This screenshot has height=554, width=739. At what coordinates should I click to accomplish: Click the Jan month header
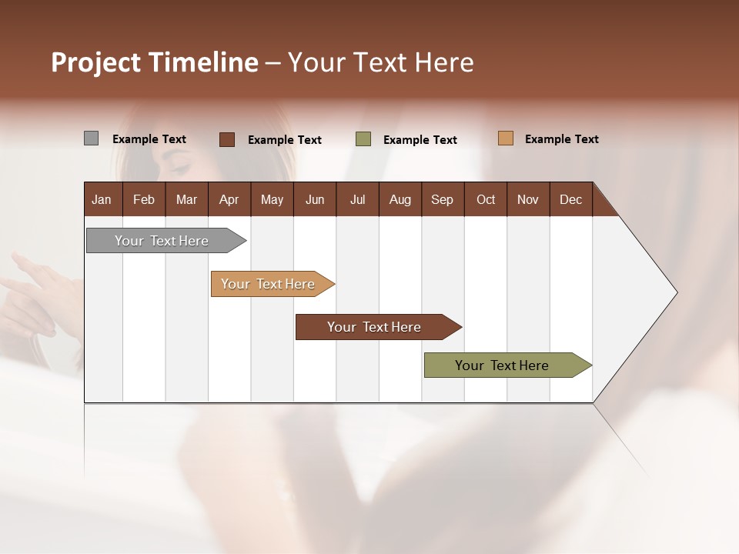pos(102,199)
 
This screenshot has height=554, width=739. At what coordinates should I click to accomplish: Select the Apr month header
pos(229,199)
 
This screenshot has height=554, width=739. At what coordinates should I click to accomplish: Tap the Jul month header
pos(357,199)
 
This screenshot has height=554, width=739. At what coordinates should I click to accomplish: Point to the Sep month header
pos(442,199)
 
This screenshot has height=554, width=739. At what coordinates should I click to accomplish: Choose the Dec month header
pos(570,199)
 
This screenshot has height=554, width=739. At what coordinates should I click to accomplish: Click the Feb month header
pos(144,199)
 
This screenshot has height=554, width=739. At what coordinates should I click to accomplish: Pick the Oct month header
pos(486,199)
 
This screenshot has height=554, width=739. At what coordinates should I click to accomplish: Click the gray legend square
pos(91,138)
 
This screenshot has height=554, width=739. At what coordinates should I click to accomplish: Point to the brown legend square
pos(227,139)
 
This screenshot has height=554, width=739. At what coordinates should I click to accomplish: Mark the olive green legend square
pos(363,139)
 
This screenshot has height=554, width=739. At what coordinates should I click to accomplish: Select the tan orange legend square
pos(505,138)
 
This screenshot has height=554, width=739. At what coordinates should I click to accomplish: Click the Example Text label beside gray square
pos(149,139)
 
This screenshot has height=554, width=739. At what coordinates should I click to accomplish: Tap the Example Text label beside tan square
pos(562,139)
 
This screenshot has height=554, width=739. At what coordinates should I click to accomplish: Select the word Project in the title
pos(96,62)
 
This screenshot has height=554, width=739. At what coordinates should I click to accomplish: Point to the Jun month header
pos(315,199)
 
